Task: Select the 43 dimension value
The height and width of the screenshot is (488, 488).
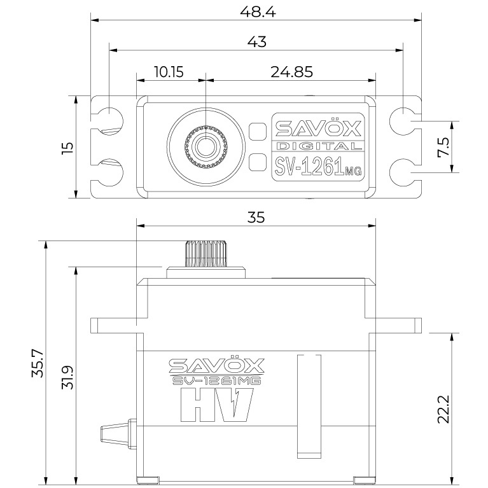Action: click(256, 42)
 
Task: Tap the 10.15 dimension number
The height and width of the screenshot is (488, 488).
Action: click(169, 72)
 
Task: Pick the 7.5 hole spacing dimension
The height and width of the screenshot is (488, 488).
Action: click(443, 147)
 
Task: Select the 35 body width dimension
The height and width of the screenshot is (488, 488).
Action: click(256, 218)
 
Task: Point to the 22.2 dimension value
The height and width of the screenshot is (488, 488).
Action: click(443, 409)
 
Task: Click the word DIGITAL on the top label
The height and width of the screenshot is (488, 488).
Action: click(318, 146)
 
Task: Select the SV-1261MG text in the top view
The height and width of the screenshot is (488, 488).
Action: click(317, 167)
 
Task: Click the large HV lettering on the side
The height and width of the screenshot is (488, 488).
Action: click(217, 405)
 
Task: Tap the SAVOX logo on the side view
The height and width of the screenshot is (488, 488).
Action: click(216, 365)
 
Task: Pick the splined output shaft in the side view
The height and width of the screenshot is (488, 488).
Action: click(206, 254)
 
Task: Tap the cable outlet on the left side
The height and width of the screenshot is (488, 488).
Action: click(115, 433)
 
